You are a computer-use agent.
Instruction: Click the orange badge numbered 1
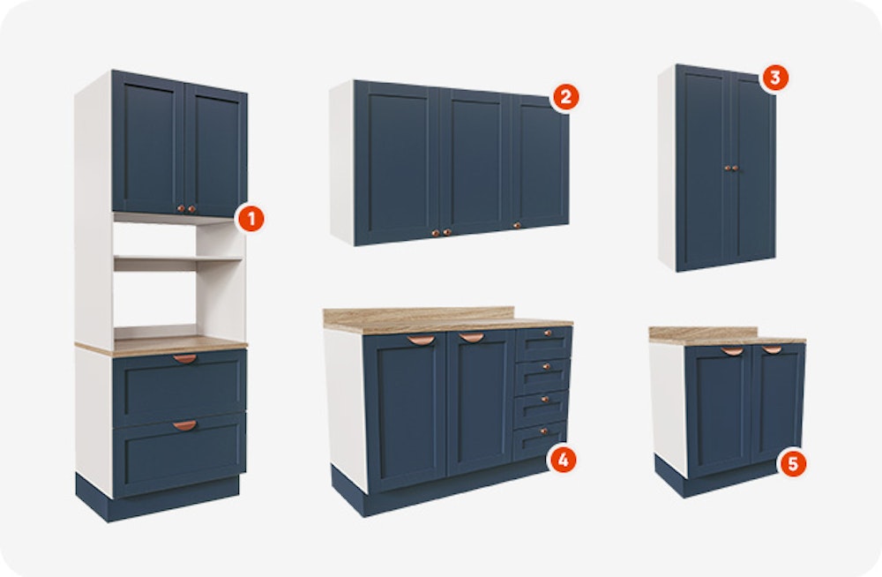click(x=250, y=219)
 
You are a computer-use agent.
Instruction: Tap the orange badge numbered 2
click(x=565, y=97)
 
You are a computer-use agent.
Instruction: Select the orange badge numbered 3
click(x=774, y=78)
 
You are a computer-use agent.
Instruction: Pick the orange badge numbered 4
click(x=563, y=460)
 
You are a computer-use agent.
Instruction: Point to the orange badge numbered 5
click(x=792, y=464)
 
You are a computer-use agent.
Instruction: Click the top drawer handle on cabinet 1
click(x=184, y=358)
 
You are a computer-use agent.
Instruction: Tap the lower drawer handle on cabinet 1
click(x=184, y=425)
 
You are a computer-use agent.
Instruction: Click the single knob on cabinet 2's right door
click(x=516, y=225)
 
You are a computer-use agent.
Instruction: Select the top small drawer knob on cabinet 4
click(x=547, y=333)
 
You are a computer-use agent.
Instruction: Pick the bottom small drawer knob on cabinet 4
click(x=543, y=431)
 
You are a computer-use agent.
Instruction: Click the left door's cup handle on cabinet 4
click(x=421, y=340)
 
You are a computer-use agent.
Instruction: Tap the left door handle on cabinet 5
click(x=732, y=351)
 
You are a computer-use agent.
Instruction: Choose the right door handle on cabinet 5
click(x=771, y=349)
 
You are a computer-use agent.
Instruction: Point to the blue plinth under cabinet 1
click(x=158, y=498)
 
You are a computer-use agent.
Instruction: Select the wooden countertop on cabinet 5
click(x=727, y=335)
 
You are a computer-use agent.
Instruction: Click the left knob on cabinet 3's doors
click(x=727, y=168)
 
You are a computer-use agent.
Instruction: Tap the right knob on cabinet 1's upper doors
click(x=191, y=209)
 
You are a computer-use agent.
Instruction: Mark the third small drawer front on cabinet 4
click(x=542, y=405)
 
